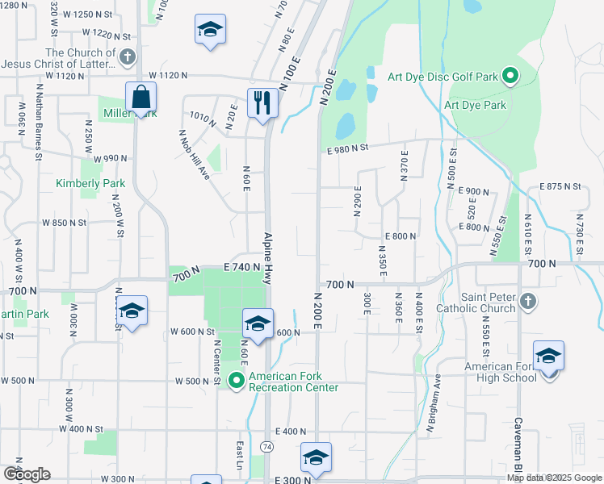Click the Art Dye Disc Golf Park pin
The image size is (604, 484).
510,77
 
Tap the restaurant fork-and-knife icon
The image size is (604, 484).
262,102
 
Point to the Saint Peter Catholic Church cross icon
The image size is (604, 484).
527,302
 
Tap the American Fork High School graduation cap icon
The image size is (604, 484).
548,356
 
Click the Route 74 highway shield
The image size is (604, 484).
266,446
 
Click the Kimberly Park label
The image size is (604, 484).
90,183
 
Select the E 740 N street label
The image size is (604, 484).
245,266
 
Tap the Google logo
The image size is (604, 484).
26,474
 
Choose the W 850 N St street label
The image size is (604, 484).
65,222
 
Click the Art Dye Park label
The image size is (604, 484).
475,105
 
